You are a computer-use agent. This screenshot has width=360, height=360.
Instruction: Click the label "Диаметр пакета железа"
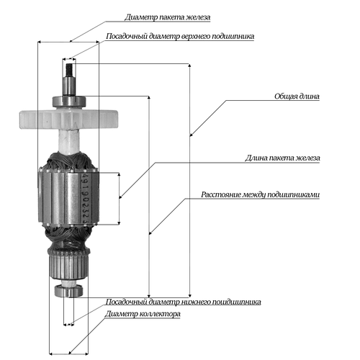point(168,17)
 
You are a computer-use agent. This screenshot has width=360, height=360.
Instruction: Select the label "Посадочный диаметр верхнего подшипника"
point(180,36)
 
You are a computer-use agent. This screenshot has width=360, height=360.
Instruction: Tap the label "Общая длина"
point(297,96)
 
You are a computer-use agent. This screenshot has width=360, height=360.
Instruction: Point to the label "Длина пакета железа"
point(282,158)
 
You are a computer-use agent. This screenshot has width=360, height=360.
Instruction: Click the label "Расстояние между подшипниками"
point(261,194)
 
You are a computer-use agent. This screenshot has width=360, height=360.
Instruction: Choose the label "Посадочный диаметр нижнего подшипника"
point(184,302)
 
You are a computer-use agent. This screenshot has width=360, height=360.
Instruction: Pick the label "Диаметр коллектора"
point(143,314)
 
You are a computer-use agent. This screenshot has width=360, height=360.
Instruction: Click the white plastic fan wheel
point(68,119)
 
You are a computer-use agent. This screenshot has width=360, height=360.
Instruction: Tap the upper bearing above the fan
point(69,101)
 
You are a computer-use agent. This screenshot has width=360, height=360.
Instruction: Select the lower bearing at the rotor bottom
point(69,291)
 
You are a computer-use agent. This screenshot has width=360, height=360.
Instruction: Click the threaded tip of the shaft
point(70,69)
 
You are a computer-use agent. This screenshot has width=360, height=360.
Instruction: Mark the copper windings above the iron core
point(69,161)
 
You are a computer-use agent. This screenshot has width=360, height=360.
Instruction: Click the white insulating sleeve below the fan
point(69,141)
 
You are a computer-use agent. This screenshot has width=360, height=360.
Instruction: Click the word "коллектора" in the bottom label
point(160,314)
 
